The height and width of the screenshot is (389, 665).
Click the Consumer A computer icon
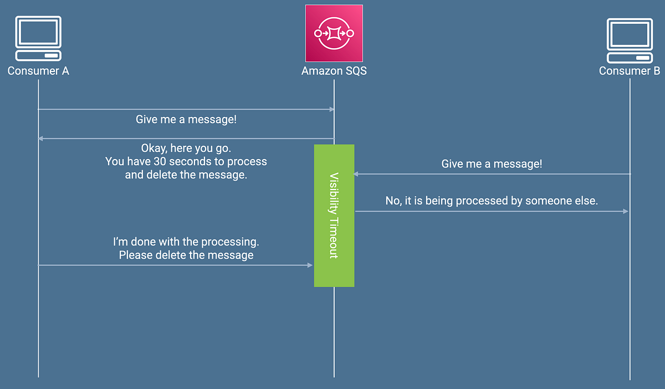click(38, 39)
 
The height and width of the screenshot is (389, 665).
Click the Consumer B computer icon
click(630, 40)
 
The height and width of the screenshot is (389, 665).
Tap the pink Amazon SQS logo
click(334, 33)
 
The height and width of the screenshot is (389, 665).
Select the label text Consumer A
click(38, 71)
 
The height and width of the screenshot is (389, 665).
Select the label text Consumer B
click(630, 71)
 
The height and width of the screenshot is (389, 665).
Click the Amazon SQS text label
click(334, 71)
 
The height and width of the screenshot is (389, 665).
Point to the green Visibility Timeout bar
click(334, 216)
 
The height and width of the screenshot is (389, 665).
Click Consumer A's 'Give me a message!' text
click(186, 119)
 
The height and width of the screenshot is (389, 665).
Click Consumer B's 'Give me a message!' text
click(492, 164)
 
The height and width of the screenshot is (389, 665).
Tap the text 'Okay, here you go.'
click(186, 149)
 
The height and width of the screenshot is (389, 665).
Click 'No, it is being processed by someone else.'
click(492, 201)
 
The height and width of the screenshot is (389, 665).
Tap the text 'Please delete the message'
click(186, 255)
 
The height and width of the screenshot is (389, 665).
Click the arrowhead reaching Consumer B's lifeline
click(626, 211)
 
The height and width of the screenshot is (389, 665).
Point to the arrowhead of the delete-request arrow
click(310, 265)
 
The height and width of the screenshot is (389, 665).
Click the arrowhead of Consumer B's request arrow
click(356, 174)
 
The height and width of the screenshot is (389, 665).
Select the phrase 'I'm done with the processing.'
click(186, 242)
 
